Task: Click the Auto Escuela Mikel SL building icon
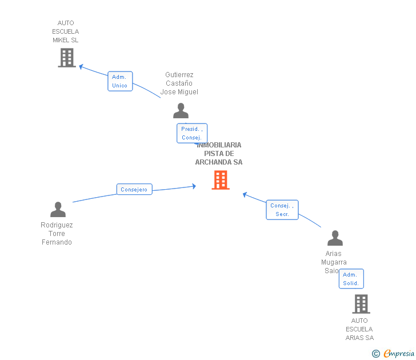pyautogui.click(x=67, y=58)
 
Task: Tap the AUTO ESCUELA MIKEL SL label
pyautogui.click(x=66, y=31)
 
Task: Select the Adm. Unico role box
pyautogui.click(x=120, y=81)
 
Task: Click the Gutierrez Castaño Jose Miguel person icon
pyautogui.click(x=181, y=111)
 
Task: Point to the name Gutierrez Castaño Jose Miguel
pyautogui.click(x=179, y=83)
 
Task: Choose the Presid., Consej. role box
pyautogui.click(x=191, y=133)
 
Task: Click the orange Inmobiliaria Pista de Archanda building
pyautogui.click(x=221, y=180)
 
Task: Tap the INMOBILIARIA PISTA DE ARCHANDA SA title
pyautogui.click(x=219, y=154)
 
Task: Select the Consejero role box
pyautogui.click(x=134, y=189)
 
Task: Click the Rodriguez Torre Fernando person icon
pyautogui.click(x=58, y=210)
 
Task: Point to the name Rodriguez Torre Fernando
pyautogui.click(x=57, y=234)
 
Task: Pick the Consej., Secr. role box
pyautogui.click(x=282, y=210)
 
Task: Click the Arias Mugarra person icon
pyautogui.click(x=335, y=238)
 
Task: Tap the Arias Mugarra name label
pyautogui.click(x=334, y=262)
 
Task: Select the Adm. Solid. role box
pyautogui.click(x=351, y=279)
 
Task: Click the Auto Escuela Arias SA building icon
pyautogui.click(x=361, y=304)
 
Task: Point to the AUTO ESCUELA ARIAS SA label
pyautogui.click(x=359, y=329)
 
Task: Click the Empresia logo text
pyautogui.click(x=399, y=354)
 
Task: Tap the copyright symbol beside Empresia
pyautogui.click(x=376, y=354)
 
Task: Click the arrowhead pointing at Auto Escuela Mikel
pyautogui.click(x=81, y=66)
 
